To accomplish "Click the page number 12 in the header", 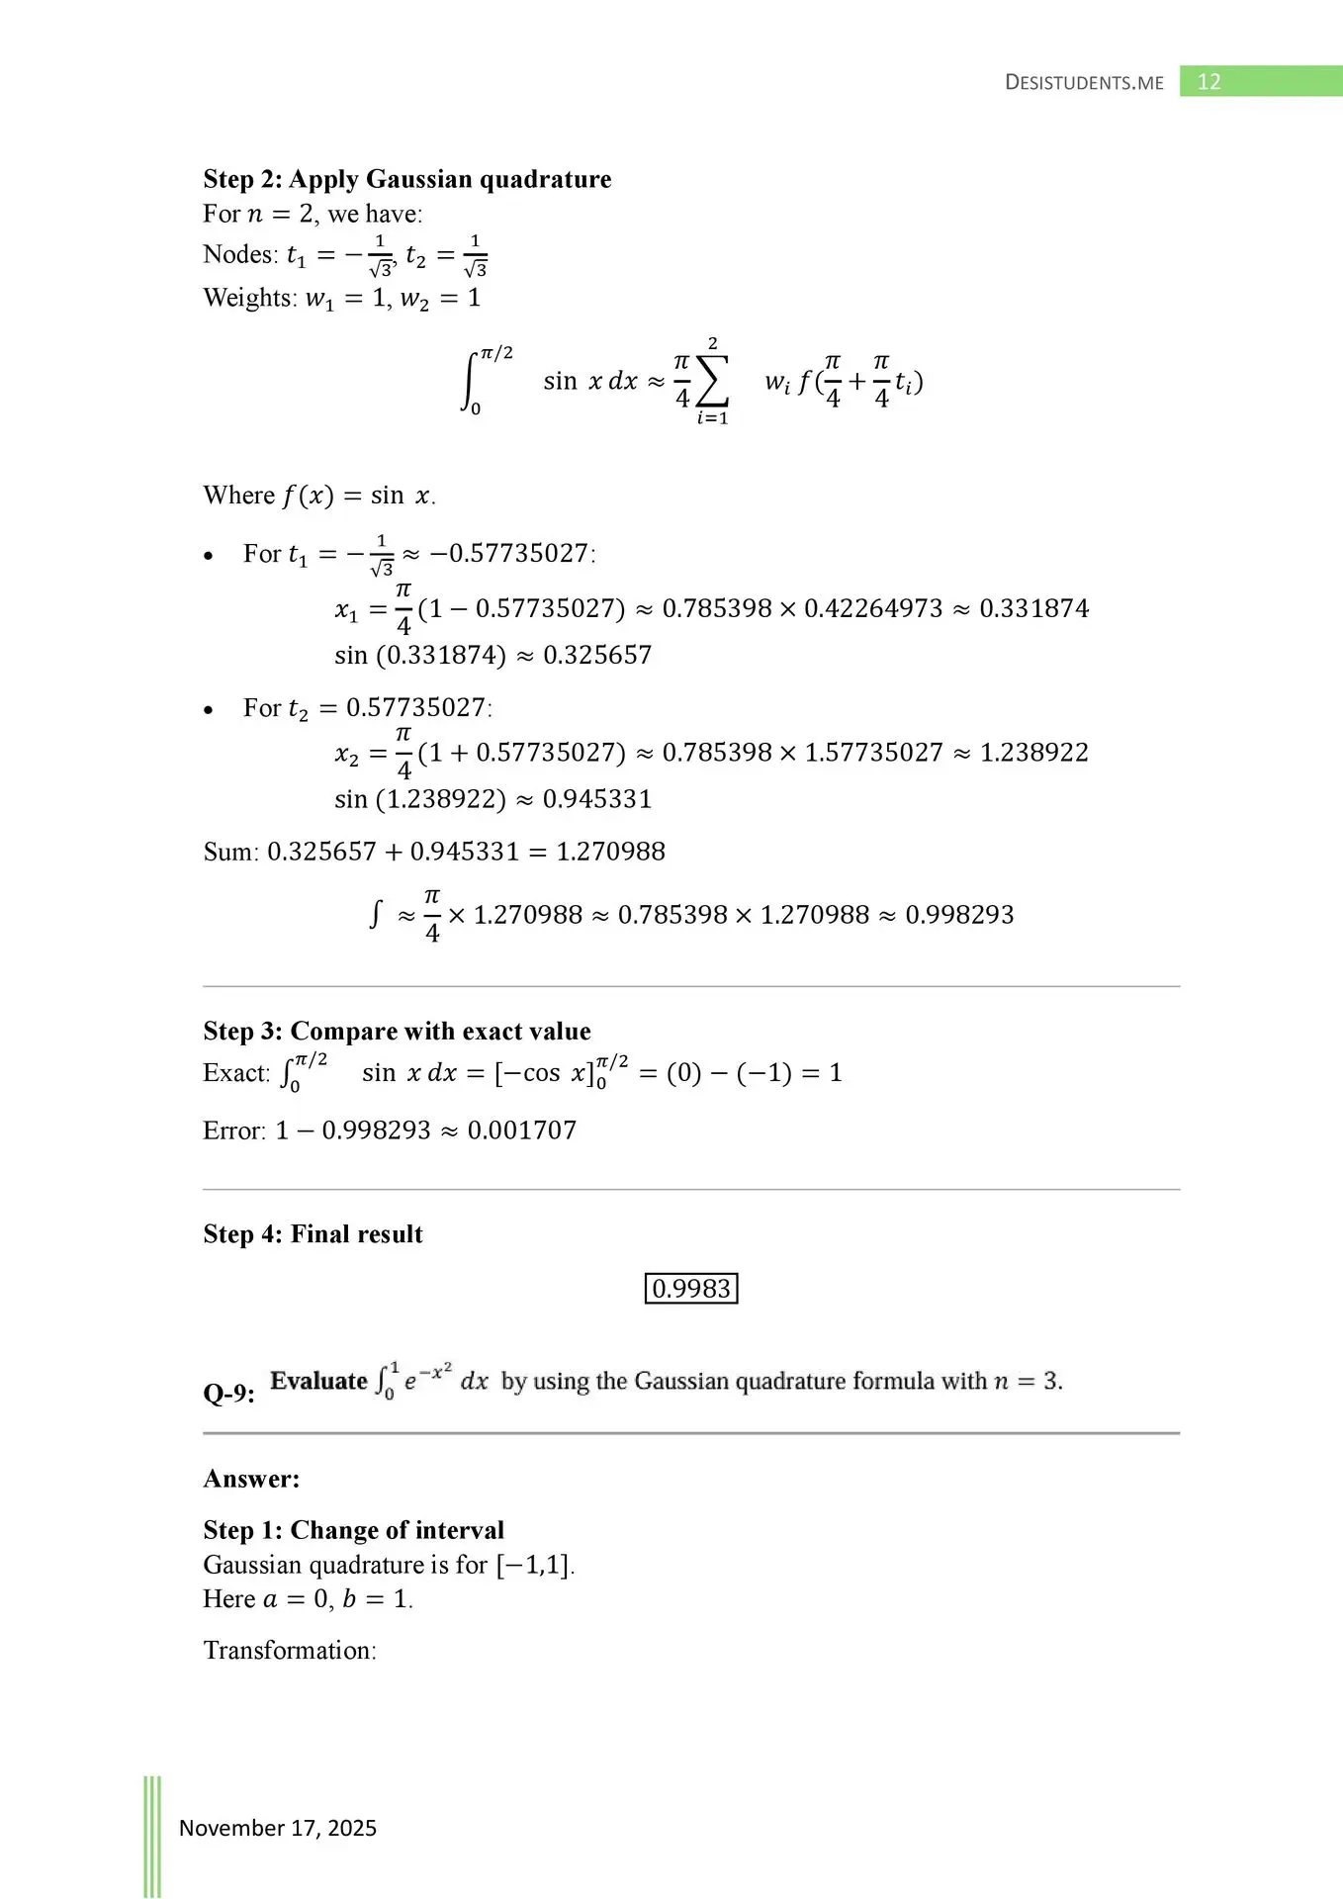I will click(1209, 82).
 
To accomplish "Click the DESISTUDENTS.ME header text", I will click(1084, 83).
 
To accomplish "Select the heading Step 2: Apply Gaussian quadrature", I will click(406, 179).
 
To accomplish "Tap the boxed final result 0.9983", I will click(691, 1289).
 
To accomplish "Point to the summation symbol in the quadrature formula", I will click(712, 382).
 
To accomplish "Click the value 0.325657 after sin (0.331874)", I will click(597, 655).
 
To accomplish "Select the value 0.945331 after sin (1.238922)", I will click(597, 799).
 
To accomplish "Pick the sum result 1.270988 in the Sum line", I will click(610, 852).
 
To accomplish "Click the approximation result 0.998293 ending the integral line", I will click(959, 915).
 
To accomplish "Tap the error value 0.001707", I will click(521, 1130).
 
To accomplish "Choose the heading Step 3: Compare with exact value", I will click(397, 1032).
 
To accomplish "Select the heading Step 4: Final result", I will click(313, 1234).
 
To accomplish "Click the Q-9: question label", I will click(228, 1394).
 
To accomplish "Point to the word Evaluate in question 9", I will click(318, 1381).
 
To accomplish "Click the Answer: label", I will click(251, 1479).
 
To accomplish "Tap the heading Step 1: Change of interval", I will click(353, 1530).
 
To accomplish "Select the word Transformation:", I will click(290, 1650).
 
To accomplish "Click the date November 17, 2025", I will click(278, 1828).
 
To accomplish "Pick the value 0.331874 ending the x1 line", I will click(1033, 608).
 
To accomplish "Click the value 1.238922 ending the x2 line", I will click(1033, 753).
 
